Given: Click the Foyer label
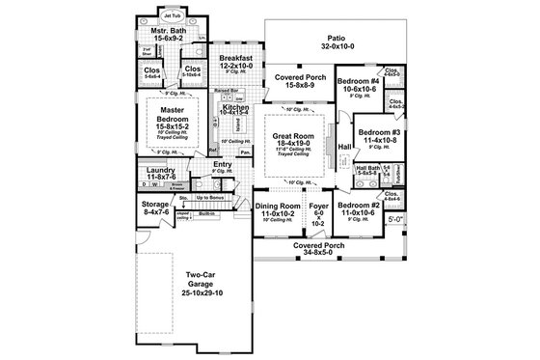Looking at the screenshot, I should (x=317, y=207).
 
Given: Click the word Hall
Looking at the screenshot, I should (x=344, y=147).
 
